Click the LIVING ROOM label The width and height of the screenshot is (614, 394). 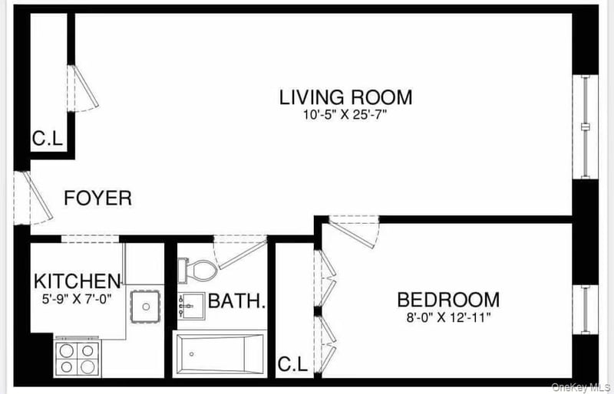(345, 97)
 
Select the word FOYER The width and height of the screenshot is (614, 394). (98, 198)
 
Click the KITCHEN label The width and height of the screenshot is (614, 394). (78, 281)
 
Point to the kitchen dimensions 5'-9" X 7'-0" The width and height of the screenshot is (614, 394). (77, 299)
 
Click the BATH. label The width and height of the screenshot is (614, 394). (237, 301)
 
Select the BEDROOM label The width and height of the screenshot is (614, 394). (448, 300)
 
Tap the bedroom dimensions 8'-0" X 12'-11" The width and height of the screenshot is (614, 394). (448, 317)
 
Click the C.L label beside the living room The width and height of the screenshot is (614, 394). (48, 138)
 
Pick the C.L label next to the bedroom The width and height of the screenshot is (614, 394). (292, 365)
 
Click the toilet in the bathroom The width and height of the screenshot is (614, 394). (197, 271)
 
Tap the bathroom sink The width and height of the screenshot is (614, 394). (191, 306)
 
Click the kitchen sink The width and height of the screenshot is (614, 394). (146, 306)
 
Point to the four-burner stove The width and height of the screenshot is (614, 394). (78, 357)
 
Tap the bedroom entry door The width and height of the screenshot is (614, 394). (355, 231)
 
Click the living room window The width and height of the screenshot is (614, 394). (586, 126)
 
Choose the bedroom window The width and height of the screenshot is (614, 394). (586, 310)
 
